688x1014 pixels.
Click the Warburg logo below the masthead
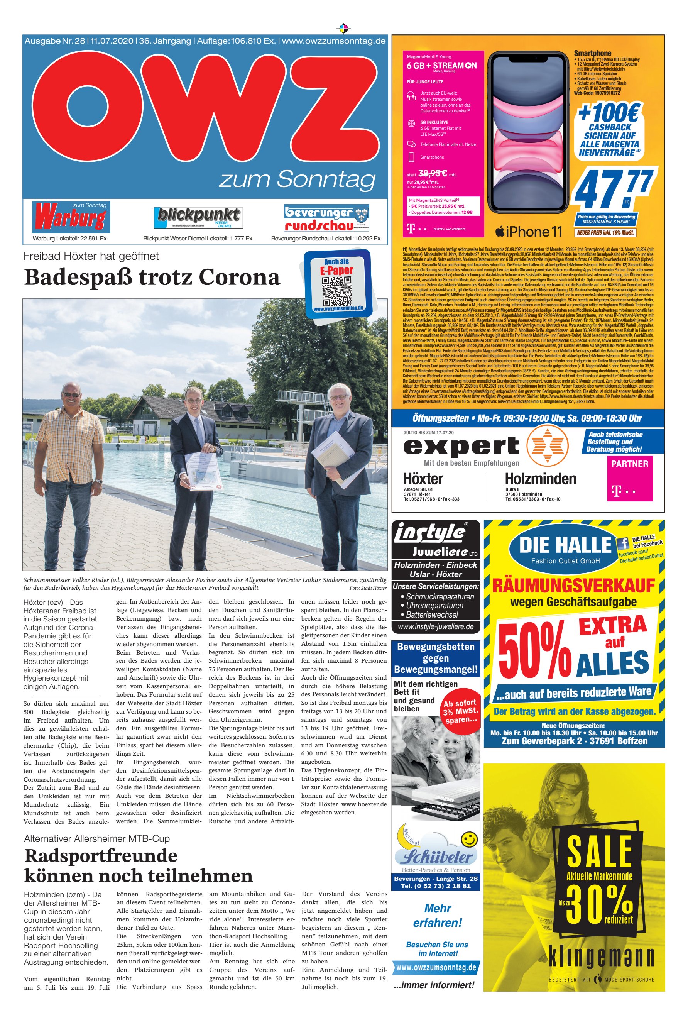pos(71,217)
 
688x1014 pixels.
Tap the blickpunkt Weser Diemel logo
pos(198,217)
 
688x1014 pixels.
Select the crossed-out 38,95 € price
pos(432,173)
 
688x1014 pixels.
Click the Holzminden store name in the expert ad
pos(540,479)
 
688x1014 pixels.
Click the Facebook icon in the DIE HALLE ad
pos(622,543)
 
